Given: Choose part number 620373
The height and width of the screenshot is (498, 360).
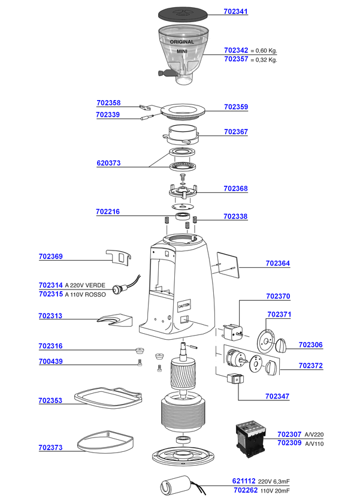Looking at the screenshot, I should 108,162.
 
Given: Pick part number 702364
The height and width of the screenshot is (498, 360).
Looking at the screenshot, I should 277,263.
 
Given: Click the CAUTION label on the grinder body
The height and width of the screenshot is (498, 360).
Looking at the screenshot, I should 184,305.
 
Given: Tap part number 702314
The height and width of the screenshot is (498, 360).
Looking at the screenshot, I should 50,285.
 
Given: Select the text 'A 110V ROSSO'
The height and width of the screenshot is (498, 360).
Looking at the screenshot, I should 85,294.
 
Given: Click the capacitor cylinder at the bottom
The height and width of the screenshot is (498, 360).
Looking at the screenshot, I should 177,484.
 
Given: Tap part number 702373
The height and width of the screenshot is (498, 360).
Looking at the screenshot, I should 50,447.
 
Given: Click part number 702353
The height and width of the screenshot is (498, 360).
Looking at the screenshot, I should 50,400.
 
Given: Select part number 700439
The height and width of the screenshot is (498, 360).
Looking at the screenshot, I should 50,361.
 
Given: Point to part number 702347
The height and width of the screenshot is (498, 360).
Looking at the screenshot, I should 277,396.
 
